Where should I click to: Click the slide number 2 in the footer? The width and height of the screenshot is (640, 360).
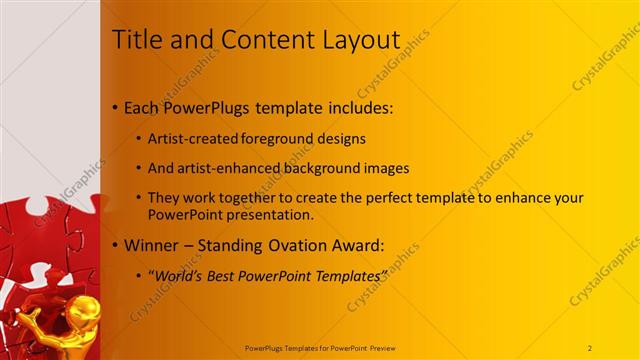tap(590, 347)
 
